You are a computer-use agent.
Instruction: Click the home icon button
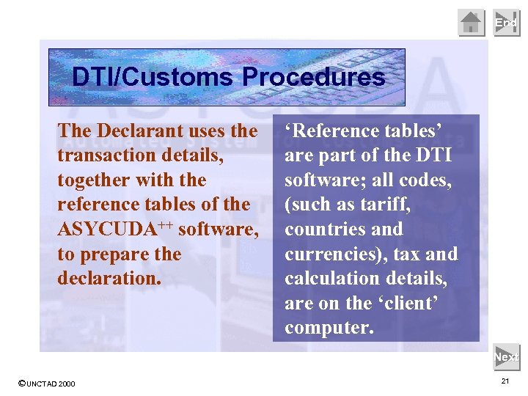[471, 23]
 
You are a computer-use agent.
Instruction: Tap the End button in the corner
[506, 23]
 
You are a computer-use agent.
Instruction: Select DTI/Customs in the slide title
[154, 77]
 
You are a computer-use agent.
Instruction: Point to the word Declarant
[139, 131]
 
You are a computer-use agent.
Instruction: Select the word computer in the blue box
[329, 328]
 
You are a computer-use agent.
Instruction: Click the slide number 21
[505, 381]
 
